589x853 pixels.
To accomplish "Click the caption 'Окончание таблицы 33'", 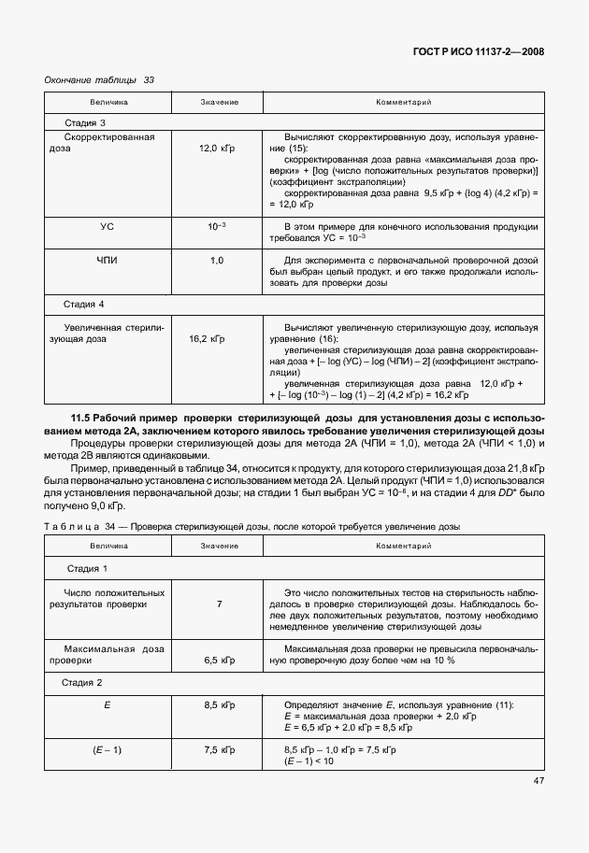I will [x=99, y=80].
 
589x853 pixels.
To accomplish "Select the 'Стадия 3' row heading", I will [x=85, y=122].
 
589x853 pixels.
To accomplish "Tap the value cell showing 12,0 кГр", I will [x=217, y=149].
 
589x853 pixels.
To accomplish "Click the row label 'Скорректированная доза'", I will [x=108, y=142].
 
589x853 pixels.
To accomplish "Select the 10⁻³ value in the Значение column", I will [x=217, y=227].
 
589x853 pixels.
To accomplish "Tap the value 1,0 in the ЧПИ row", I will [x=217, y=260].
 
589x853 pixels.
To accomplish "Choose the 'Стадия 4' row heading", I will [x=85, y=305].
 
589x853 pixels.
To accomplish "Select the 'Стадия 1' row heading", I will [x=87, y=568].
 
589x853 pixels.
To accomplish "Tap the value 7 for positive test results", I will [x=219, y=604].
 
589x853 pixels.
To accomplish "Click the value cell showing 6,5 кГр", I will [x=219, y=660].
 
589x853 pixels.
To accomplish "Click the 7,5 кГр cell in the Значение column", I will [x=219, y=750].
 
